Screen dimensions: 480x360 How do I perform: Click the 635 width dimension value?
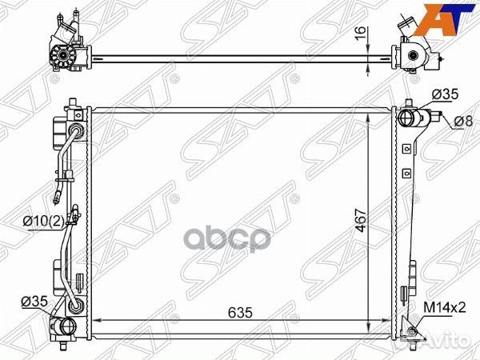pyautogui.click(x=240, y=313)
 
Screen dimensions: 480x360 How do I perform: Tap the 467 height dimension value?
pyautogui.click(x=362, y=220)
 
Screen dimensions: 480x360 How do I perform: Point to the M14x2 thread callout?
pyautogui.click(x=445, y=307)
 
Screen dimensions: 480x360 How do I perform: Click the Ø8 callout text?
pyautogui.click(x=463, y=122)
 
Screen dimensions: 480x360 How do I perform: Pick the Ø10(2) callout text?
pyautogui.click(x=44, y=221)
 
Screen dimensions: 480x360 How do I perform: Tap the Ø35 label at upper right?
pyautogui.click(x=446, y=94)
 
